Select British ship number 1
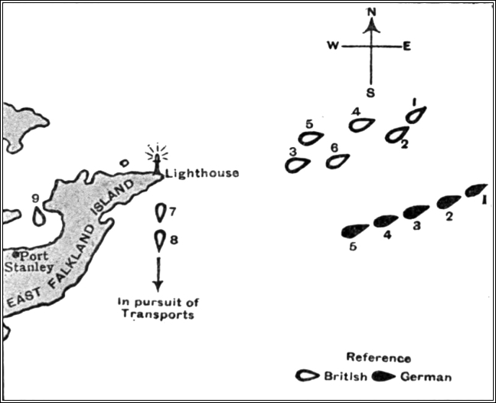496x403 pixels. (x=414, y=115)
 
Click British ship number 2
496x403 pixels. (x=396, y=135)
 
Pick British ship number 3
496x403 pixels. (x=296, y=164)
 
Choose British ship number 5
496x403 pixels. (x=310, y=138)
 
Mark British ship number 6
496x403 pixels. (x=337, y=161)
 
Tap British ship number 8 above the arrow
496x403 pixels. (x=159, y=241)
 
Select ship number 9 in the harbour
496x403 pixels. (x=39, y=216)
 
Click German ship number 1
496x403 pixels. (x=476, y=189)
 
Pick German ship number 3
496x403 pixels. (x=416, y=211)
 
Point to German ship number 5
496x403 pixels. (x=354, y=231)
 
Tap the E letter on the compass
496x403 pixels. (x=406, y=46)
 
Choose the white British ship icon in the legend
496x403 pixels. (x=308, y=375)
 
